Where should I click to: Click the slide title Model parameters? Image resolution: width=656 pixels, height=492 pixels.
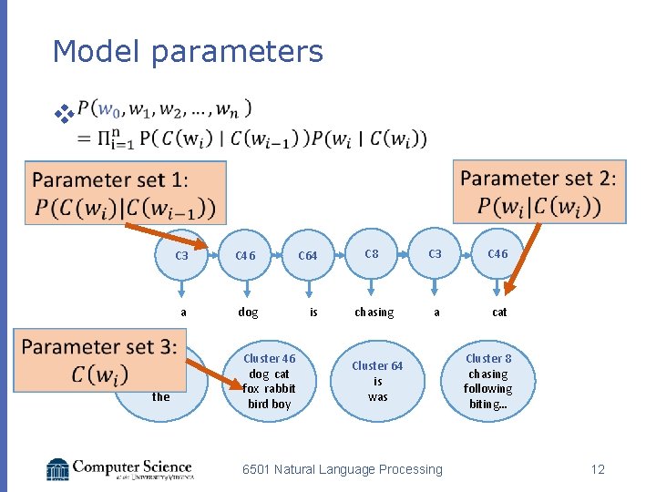[x=188, y=51]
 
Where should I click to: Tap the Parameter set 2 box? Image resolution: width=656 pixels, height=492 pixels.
[x=538, y=191]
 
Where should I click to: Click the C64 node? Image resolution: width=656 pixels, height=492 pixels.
[x=308, y=255]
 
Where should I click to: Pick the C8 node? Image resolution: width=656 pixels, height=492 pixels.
[x=372, y=254]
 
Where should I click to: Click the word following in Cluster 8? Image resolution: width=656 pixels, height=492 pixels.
[x=487, y=389]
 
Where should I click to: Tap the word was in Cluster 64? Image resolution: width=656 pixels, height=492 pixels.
[x=378, y=396]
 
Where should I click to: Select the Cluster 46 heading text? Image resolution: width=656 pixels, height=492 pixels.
[x=269, y=359]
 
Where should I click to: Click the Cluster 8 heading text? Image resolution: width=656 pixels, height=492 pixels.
[x=488, y=359]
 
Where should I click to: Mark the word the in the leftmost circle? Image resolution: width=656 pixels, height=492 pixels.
[x=161, y=396]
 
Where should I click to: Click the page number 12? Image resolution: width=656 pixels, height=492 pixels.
[x=598, y=469]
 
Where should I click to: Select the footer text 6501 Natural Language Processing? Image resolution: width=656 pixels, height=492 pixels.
[x=342, y=469]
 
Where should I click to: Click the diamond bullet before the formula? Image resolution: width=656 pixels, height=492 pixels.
[x=63, y=114]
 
